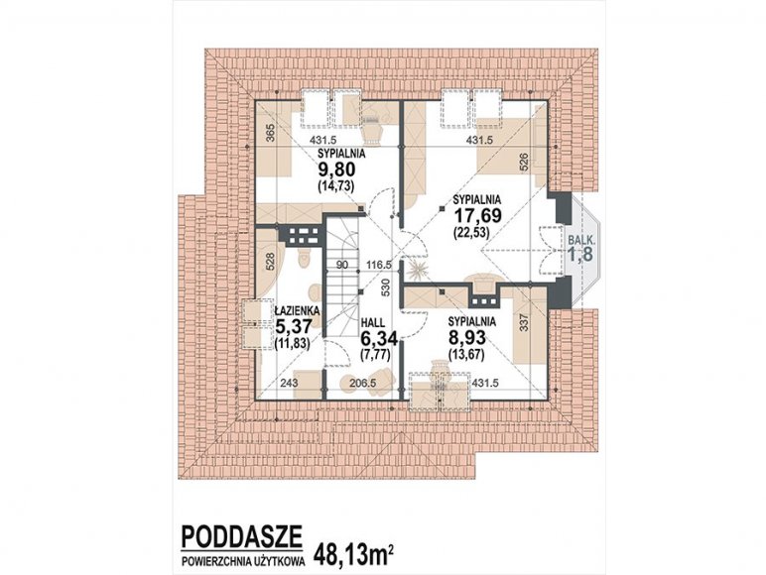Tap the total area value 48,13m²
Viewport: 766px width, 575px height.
pos(353,553)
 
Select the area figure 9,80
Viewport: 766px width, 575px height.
pos(336,171)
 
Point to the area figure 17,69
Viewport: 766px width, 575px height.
pos(478,216)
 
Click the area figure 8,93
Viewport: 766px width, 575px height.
pos(466,338)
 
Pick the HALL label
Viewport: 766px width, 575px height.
pos(373,322)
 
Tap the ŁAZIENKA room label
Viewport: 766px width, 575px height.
pos(297,310)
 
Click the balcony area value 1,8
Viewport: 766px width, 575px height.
pos(580,254)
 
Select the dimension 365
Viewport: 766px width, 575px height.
pos(272,133)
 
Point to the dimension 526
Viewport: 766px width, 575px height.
pos(523,162)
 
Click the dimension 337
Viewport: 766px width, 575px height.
pos(524,322)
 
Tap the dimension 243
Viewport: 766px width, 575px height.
pos(289,384)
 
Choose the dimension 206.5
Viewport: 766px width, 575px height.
pos(362,384)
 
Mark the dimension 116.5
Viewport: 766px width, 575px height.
pos(379,265)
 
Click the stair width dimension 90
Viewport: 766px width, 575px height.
pos(342,265)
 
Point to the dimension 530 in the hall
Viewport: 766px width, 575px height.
pos(385,287)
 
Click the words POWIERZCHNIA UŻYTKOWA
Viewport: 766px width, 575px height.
pos(243,562)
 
